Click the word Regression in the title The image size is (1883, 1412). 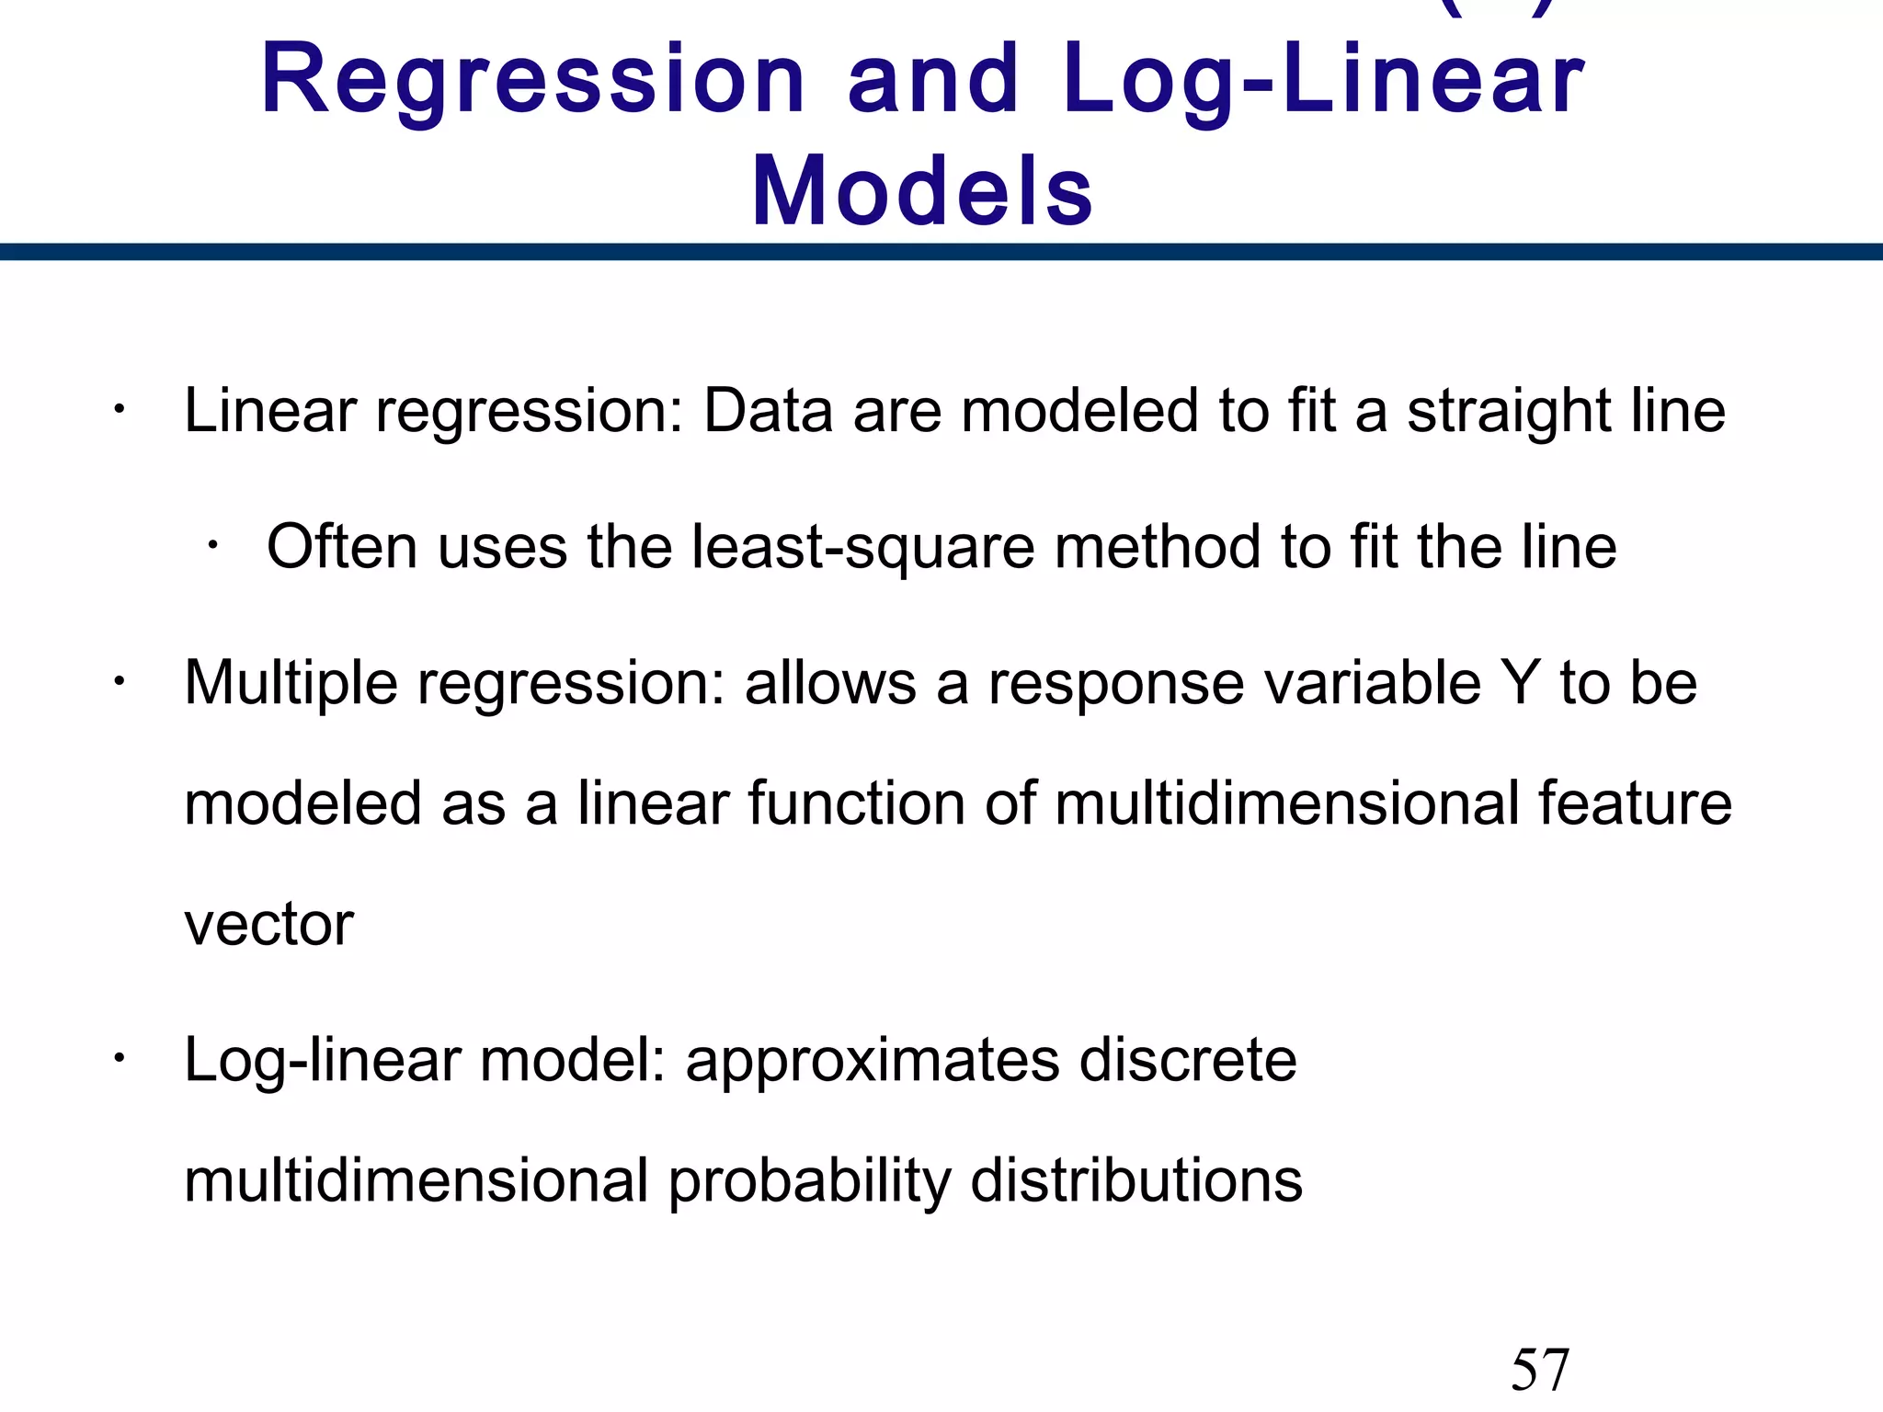[533, 83]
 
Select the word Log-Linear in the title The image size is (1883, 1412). [1324, 83]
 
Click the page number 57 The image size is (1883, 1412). [1540, 1370]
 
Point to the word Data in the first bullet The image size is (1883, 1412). [768, 410]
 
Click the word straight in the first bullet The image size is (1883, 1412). [1509, 410]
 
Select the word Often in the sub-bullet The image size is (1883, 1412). [342, 547]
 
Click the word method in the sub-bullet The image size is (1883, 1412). [1158, 547]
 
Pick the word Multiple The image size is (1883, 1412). [291, 684]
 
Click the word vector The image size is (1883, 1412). [268, 925]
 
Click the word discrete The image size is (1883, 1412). [1188, 1061]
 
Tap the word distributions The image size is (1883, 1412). [1136, 1180]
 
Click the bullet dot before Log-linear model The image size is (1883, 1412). [118, 1059]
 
